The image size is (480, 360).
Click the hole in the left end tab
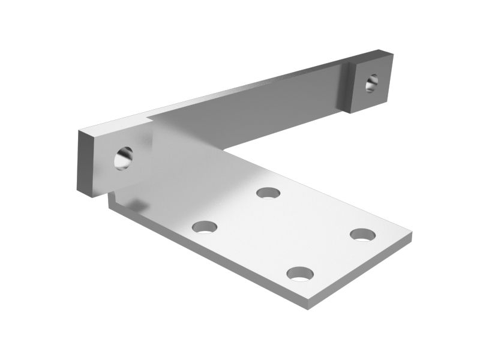(x=125, y=157)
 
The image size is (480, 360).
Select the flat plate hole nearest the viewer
(x=300, y=274)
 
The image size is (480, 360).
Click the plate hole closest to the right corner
(x=363, y=234)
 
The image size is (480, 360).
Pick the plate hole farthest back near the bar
(x=268, y=193)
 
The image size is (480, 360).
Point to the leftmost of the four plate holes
(x=205, y=227)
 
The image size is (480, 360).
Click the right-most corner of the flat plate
(x=411, y=236)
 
